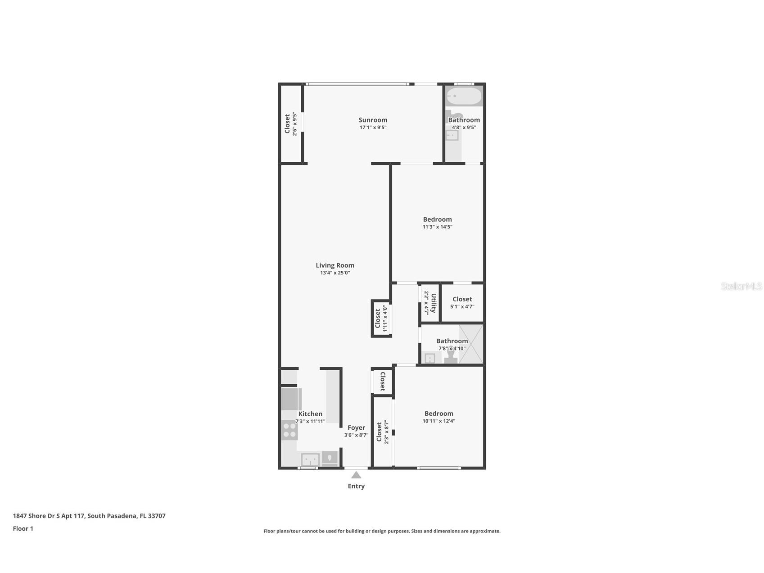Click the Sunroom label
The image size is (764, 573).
(373, 120)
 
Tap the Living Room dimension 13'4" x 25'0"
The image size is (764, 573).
(335, 273)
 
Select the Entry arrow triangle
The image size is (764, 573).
(356, 475)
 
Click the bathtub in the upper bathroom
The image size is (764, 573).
(464, 96)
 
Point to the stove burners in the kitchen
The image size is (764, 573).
(289, 430)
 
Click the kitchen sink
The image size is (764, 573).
(310, 460)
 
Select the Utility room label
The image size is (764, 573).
(434, 303)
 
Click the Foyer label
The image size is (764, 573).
(356, 427)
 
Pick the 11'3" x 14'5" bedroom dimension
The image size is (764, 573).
(437, 227)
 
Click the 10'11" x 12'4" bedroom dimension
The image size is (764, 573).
(439, 421)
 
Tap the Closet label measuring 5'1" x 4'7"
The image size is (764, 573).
(462, 299)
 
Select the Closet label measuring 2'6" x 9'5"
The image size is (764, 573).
(287, 124)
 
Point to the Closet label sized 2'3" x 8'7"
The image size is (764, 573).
(379, 432)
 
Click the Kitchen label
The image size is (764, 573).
(310, 414)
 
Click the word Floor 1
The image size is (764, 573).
(23, 528)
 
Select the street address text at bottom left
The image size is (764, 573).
(89, 516)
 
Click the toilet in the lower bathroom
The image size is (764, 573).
(451, 355)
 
